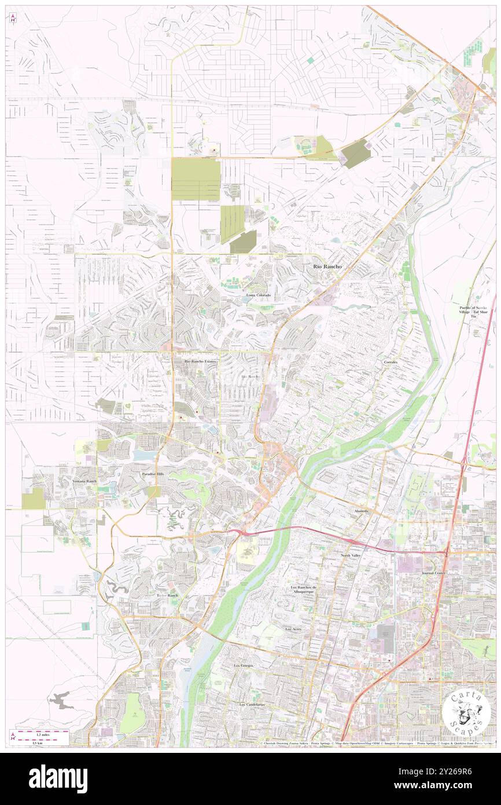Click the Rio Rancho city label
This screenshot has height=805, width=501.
point(327,266)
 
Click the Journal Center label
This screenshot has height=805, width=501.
point(436,573)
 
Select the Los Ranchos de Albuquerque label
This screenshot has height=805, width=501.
point(304,590)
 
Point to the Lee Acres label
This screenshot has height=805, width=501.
point(294,628)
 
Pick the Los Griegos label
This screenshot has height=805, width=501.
point(244,666)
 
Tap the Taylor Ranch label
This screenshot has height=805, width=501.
point(168,595)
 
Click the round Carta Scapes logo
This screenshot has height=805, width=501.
point(466,713)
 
